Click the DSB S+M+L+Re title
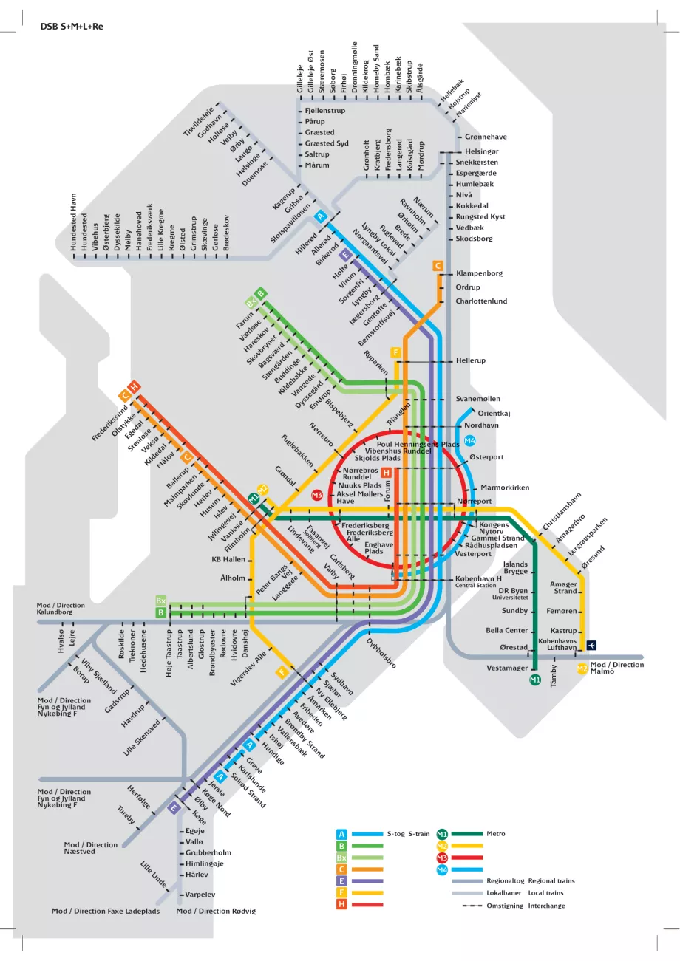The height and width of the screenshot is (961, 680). tap(72, 26)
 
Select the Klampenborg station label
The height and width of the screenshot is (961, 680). tap(479, 273)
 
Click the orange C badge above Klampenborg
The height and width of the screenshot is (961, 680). tap(438, 265)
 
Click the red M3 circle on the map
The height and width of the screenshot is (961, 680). tap(317, 495)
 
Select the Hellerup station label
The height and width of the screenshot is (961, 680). tap(471, 361)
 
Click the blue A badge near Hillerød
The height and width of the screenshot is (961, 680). tap(320, 216)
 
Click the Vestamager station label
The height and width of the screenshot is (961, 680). tap(506, 668)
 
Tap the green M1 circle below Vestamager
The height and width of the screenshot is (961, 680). tap(535, 680)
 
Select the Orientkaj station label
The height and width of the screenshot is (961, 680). tap(494, 414)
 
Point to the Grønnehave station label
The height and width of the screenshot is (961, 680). tap(486, 137)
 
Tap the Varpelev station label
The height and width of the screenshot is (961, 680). tap(200, 895)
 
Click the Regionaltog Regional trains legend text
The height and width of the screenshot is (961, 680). tap(530, 880)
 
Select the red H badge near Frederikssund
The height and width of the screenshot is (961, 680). tap(134, 386)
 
